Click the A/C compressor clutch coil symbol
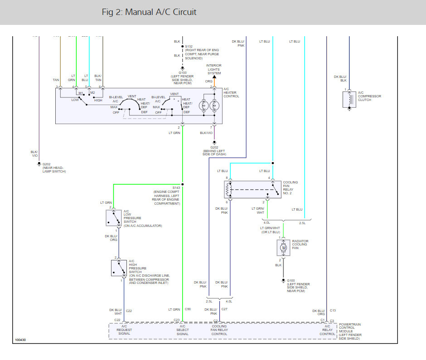click(349, 99)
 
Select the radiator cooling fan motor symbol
click(284, 248)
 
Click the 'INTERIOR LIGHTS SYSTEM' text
click(214, 69)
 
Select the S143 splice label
click(176, 187)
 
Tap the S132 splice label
click(189, 46)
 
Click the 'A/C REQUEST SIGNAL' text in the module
click(124, 330)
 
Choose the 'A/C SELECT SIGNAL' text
click(182, 330)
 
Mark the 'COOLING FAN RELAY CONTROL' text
click(219, 330)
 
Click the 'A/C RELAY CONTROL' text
click(327, 330)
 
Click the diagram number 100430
click(20, 340)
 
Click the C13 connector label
click(333, 310)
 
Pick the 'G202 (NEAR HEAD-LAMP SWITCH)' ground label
click(54, 168)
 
